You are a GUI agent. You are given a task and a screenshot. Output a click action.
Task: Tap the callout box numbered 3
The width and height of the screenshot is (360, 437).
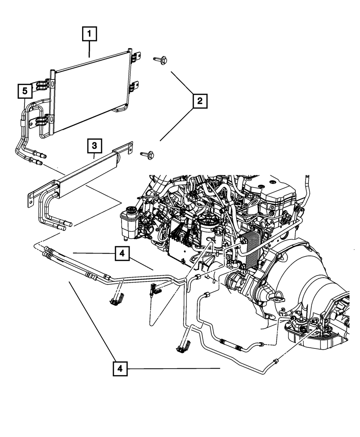tap(94, 146)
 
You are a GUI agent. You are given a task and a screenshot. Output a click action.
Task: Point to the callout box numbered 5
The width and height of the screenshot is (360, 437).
tap(25, 91)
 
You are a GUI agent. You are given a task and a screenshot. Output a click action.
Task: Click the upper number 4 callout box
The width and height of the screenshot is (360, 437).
tap(122, 254)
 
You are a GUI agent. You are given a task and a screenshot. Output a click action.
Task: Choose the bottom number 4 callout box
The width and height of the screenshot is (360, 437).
tap(120, 369)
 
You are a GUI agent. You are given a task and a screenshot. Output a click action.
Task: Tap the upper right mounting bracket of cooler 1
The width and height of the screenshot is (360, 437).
tap(136, 57)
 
